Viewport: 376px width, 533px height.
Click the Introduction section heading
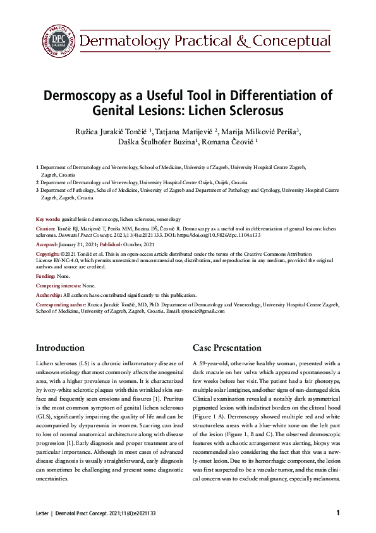click(60, 348)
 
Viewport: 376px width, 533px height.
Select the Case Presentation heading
click(227, 348)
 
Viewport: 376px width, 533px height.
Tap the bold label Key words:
click(48, 219)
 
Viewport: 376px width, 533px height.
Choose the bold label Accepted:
click(47, 244)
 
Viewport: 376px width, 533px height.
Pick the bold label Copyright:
click(49, 253)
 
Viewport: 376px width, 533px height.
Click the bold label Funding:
click(45, 277)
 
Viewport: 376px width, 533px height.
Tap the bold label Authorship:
click(49, 296)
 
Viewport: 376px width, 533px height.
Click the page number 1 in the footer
click(338, 512)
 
